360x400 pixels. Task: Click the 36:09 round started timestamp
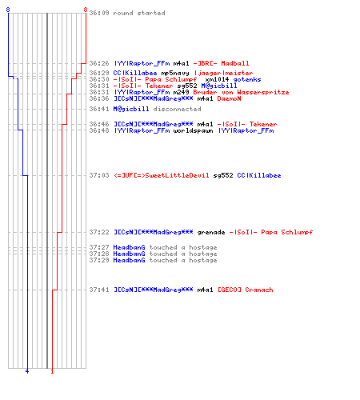coord(99,13)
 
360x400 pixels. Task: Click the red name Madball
coord(235,63)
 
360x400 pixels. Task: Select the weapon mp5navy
coord(175,73)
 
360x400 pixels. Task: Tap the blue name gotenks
coord(247,79)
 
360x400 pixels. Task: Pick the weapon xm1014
coord(217,79)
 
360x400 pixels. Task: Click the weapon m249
coord(181,92)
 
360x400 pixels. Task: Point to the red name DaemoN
coord(229,98)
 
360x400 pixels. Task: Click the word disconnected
coord(177,109)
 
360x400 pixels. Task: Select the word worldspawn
coord(193,130)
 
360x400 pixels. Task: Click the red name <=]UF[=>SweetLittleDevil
coord(162,175)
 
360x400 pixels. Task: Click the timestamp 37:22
coord(99,232)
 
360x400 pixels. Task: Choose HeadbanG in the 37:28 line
coord(129,254)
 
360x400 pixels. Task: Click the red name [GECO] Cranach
coord(246,290)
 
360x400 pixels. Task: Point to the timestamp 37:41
coord(99,290)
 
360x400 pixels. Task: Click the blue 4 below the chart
coord(27,371)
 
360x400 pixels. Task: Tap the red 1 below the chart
coord(52,371)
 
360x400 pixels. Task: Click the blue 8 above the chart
coord(8,10)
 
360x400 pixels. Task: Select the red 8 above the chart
coord(86,10)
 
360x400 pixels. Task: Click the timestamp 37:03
coord(99,175)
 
